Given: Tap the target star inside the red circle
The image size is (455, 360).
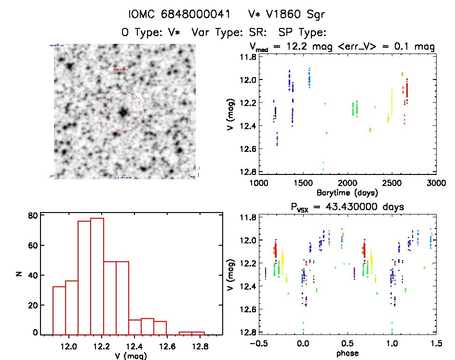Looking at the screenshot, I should pyautogui.click(x=124, y=112).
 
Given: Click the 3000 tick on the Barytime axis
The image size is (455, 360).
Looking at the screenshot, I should pyautogui.click(x=436, y=184).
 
